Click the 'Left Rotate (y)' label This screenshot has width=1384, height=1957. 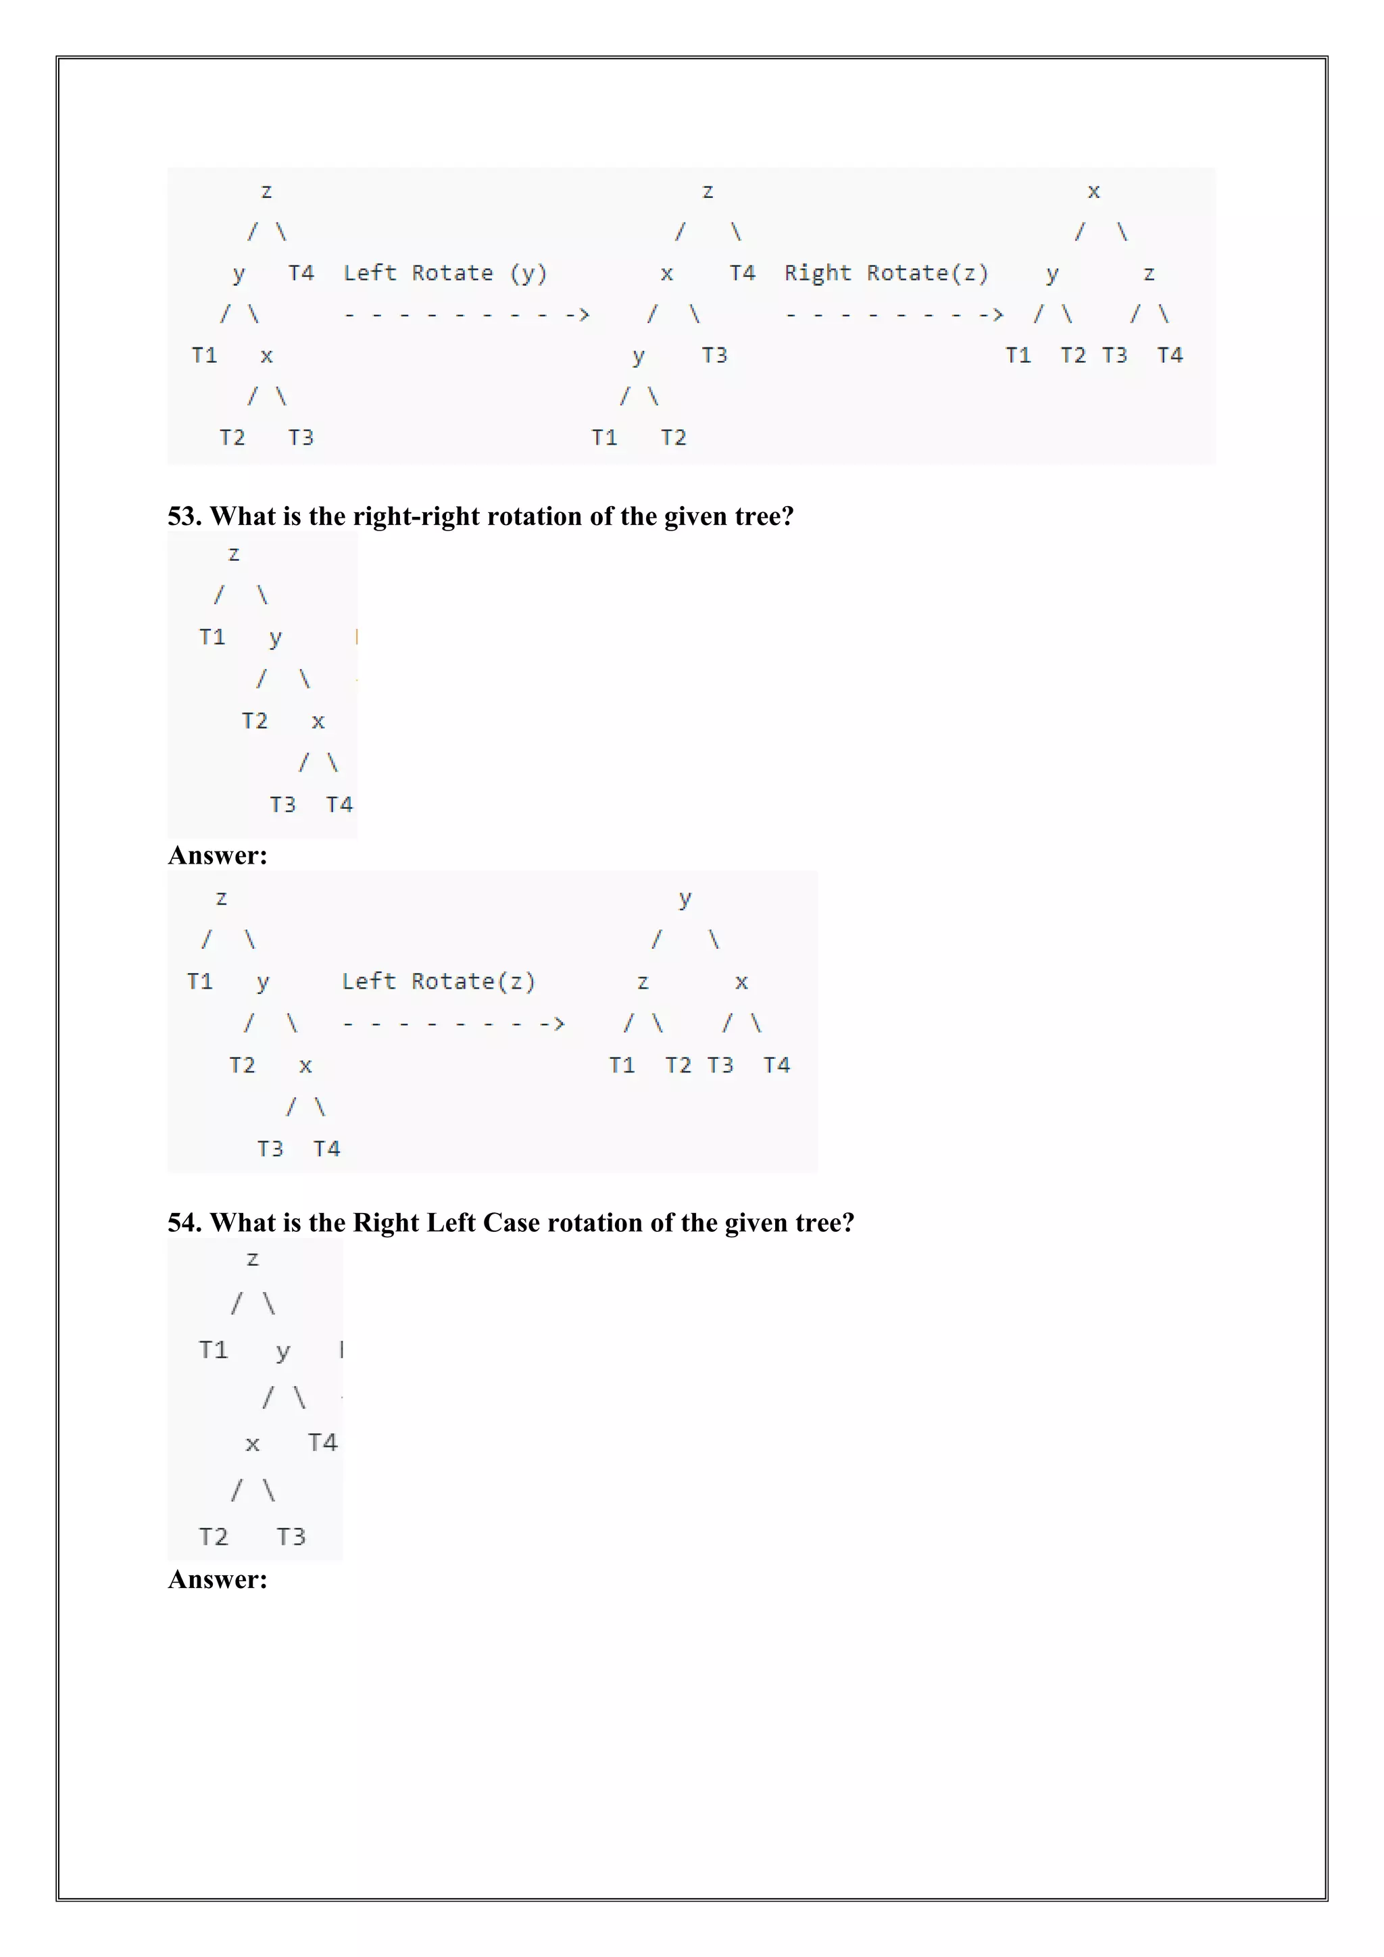(x=445, y=274)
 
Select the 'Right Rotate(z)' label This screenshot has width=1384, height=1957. (x=887, y=274)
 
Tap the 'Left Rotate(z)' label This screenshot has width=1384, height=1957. (x=438, y=982)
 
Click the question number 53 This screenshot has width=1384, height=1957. (x=183, y=516)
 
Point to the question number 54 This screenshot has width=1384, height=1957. (x=183, y=1223)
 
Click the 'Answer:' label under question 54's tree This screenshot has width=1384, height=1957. (x=218, y=1579)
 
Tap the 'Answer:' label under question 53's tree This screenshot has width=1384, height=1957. (x=218, y=856)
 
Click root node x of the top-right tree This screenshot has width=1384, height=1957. (x=1093, y=192)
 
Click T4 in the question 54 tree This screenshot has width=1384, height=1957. (x=322, y=1442)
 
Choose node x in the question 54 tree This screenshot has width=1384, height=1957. (x=252, y=1444)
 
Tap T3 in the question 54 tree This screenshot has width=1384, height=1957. (x=291, y=1537)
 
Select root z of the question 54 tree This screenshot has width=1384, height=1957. (x=252, y=1259)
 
